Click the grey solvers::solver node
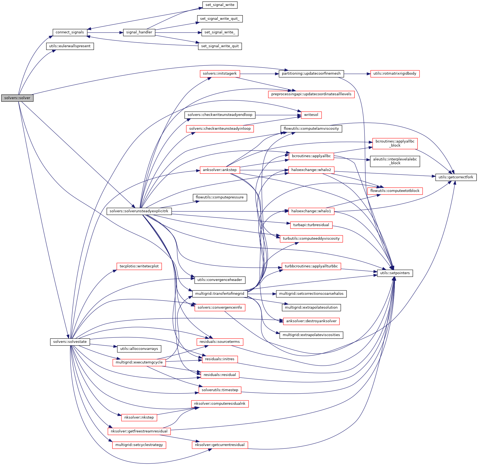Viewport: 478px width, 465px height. click(x=17, y=98)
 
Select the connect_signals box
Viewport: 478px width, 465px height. click(x=70, y=32)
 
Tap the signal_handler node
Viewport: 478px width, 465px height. click(x=139, y=32)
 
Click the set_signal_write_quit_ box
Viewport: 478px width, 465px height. click(x=220, y=19)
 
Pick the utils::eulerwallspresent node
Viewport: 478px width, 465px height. click(x=70, y=46)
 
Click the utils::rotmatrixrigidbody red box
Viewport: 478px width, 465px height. click(x=395, y=74)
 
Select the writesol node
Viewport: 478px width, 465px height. click(x=311, y=115)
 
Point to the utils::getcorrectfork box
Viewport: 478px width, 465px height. click(x=456, y=177)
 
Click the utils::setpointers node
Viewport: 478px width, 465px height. click(x=395, y=273)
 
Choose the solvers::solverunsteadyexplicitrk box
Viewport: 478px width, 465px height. click(x=139, y=211)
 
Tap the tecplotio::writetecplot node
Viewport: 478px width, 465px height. click(x=139, y=266)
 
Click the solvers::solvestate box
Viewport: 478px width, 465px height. click(x=70, y=342)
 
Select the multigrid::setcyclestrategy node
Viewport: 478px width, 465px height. click(x=139, y=445)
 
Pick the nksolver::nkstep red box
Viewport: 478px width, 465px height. click(x=139, y=417)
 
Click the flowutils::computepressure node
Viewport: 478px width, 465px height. click(x=220, y=197)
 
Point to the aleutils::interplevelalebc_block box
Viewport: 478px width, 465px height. click(x=395, y=161)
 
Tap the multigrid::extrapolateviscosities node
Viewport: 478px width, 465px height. click(x=311, y=335)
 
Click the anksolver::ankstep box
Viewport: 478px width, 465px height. click(x=220, y=170)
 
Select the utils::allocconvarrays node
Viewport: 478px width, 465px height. click(x=139, y=349)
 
